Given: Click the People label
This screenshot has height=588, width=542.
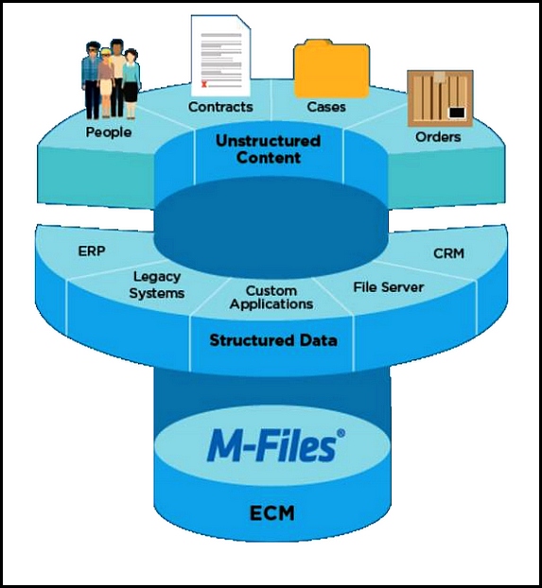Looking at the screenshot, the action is pos(109,132).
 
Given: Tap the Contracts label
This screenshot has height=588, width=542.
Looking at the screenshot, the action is pos(220,107).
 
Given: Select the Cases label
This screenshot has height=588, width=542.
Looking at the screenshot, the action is pos(326,107).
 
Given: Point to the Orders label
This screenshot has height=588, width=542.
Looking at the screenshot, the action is pos(438,137).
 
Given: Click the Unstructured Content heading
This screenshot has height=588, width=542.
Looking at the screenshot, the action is pos(268,149).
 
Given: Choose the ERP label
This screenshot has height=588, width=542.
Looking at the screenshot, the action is pos(92,251).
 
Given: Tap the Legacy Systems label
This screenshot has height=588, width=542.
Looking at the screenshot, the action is pos(157,285).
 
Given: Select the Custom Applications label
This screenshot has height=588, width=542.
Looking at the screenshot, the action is pos(271,298).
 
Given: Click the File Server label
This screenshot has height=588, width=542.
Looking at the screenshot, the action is pos(389,287).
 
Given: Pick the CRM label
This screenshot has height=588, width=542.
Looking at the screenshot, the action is pos(448,253).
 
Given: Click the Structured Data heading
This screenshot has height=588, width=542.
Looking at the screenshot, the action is pos(273,340).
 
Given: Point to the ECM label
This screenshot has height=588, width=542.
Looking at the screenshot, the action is pos(272,513).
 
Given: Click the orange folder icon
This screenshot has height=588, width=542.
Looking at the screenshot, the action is pos(331,69).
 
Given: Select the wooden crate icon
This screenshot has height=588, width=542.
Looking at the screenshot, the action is pos(440,98).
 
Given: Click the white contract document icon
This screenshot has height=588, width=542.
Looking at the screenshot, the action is pos(220,56).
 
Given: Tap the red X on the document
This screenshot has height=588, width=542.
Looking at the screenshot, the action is pos(204,84).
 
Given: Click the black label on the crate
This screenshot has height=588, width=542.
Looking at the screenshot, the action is pos(457,112).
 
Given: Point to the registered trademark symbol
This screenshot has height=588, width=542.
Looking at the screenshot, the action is pos(341,433).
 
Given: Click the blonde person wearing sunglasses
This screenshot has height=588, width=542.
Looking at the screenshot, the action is pos(106,82).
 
